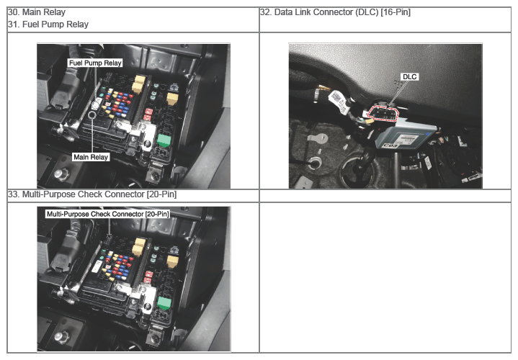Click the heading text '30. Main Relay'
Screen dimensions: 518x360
37,12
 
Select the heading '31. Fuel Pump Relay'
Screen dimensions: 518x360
48,24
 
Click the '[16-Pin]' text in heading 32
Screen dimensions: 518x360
396,12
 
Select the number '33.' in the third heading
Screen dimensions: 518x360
14,194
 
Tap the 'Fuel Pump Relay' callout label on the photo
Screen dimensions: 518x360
95,63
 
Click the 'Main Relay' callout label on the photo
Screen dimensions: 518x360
91,157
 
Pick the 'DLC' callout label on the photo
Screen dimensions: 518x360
410,77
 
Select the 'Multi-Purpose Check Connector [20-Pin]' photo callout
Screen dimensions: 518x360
107,214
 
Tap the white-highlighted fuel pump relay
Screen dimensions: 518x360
96,104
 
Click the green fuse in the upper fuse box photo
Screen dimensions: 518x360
164,140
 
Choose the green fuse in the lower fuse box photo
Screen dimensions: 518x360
164,303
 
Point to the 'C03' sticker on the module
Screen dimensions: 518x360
390,145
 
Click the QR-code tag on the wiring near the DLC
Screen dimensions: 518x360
338,100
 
